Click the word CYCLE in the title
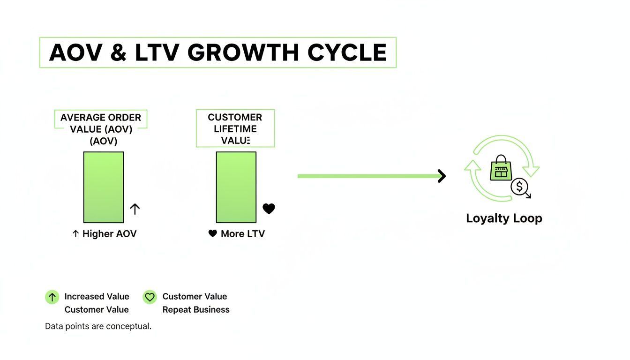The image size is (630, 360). click(x=347, y=52)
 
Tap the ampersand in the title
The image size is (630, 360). click(x=118, y=52)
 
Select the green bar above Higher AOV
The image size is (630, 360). click(x=104, y=187)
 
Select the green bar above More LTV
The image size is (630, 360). click(x=236, y=187)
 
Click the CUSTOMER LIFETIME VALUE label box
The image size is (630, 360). click(x=235, y=128)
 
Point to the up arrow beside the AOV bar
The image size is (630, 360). click(x=135, y=209)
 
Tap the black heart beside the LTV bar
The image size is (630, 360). click(x=269, y=209)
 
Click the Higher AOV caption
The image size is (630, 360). click(x=105, y=233)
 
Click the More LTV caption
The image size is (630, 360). click(x=237, y=233)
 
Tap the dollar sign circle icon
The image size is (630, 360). click(x=519, y=187)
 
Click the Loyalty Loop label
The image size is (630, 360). click(x=504, y=218)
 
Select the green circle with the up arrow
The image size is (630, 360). click(x=52, y=297)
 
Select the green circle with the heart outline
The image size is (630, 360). click(x=150, y=297)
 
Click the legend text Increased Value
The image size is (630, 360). click(x=97, y=296)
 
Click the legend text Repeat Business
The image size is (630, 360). click(x=196, y=309)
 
